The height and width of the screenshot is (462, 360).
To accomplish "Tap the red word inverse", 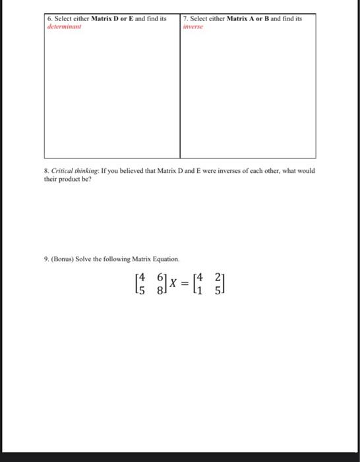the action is pyautogui.click(x=192, y=27).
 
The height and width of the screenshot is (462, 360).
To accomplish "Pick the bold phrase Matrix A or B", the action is pyautogui.click(x=249, y=19).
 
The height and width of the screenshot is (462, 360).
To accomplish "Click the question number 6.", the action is pyautogui.click(x=50, y=19).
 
